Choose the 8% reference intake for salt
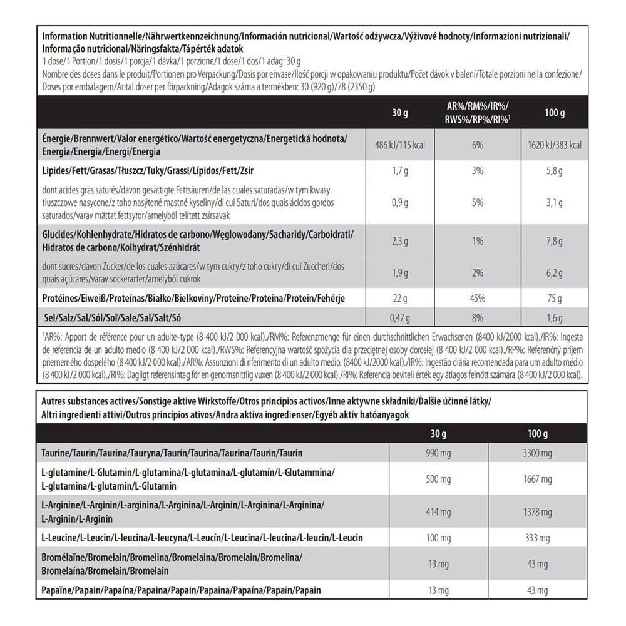pyautogui.click(x=478, y=317)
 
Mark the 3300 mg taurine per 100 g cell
pyautogui.click(x=538, y=453)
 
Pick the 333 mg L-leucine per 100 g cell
pyautogui.click(x=538, y=538)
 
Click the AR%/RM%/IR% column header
pyautogui.click(x=478, y=113)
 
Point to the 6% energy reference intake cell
pyautogui.click(x=478, y=145)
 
